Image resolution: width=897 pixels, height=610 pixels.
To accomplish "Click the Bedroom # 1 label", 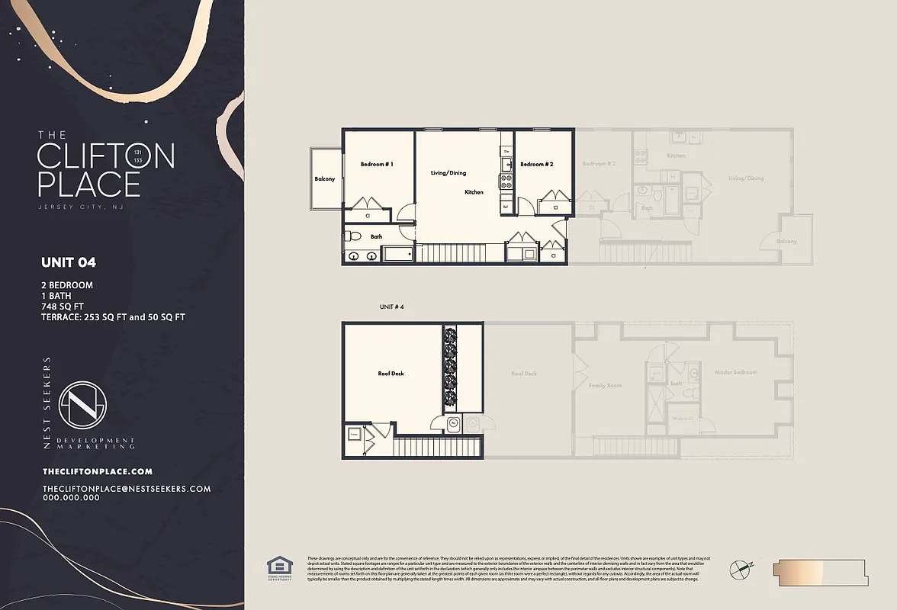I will coord(377,164).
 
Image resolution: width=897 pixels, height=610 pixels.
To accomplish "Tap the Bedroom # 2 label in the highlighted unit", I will coord(536,164).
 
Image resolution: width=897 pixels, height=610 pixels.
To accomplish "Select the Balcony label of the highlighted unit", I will coord(325,179).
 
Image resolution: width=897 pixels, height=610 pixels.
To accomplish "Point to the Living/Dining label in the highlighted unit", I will coord(448,173).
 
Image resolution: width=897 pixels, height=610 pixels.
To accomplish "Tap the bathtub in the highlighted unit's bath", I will coord(397,254).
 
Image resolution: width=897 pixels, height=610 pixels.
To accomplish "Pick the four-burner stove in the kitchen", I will coord(506,181).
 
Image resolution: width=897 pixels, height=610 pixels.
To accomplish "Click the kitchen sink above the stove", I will coord(506,163).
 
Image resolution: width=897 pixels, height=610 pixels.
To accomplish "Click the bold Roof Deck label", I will coord(391,374).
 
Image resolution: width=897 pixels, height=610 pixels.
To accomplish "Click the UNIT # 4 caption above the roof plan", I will coord(391,307).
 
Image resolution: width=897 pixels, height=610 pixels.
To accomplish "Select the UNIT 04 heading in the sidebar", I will coord(69,262).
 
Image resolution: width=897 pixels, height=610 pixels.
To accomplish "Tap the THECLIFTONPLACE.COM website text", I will coord(98,472).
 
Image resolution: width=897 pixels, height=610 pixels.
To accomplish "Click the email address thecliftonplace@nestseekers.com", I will coord(127,489).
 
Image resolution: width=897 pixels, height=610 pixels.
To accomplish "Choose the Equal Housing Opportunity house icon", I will coord(277,567).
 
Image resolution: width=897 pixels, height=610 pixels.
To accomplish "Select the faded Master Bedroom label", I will coord(735,372).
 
